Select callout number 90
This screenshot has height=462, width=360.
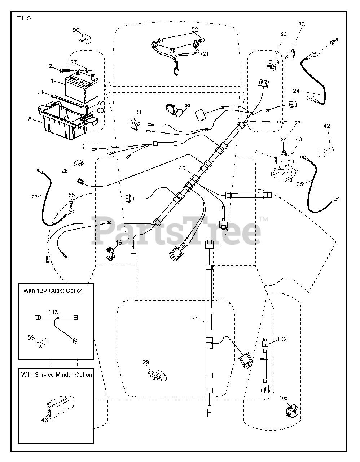click(76, 30)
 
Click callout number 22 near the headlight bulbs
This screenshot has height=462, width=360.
click(195, 29)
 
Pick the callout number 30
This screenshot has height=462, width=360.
click(283, 34)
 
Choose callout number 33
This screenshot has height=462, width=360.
click(301, 24)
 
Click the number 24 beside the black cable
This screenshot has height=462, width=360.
click(296, 91)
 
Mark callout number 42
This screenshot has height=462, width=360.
click(326, 126)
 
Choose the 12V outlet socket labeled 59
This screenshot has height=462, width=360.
click(43, 342)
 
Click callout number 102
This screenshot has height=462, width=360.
click(282, 339)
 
